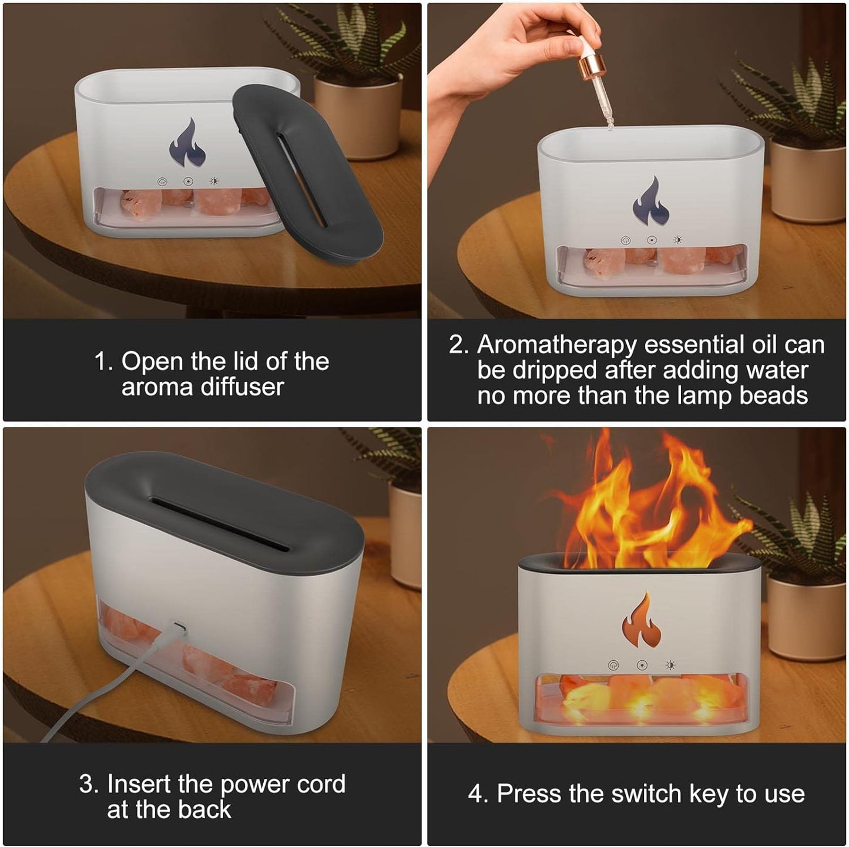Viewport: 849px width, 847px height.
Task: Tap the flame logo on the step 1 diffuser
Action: tap(188, 144)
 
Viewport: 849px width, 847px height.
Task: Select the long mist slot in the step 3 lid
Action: tap(220, 523)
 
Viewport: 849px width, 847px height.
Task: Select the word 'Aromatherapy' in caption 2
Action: tap(557, 345)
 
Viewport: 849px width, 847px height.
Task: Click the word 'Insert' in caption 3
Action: tap(139, 784)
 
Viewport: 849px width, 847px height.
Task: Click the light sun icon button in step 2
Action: tap(678, 240)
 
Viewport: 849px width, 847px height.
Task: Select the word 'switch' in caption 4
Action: tap(646, 794)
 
